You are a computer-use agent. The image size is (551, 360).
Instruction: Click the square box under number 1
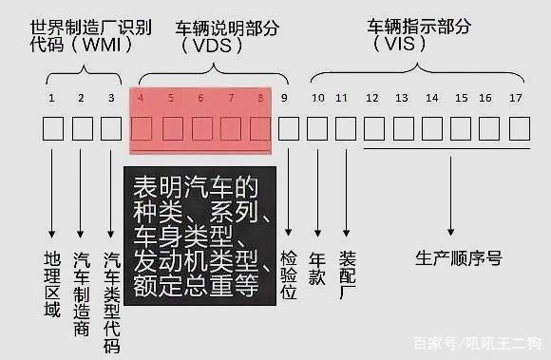(52, 128)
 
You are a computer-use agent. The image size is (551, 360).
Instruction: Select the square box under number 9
(288, 128)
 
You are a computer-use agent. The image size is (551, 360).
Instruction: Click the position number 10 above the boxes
(317, 98)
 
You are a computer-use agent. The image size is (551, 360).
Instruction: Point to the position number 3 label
(111, 98)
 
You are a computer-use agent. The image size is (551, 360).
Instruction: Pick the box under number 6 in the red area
(200, 128)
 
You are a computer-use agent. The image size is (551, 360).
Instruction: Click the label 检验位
(288, 275)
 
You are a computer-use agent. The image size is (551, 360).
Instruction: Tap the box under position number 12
(372, 128)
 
